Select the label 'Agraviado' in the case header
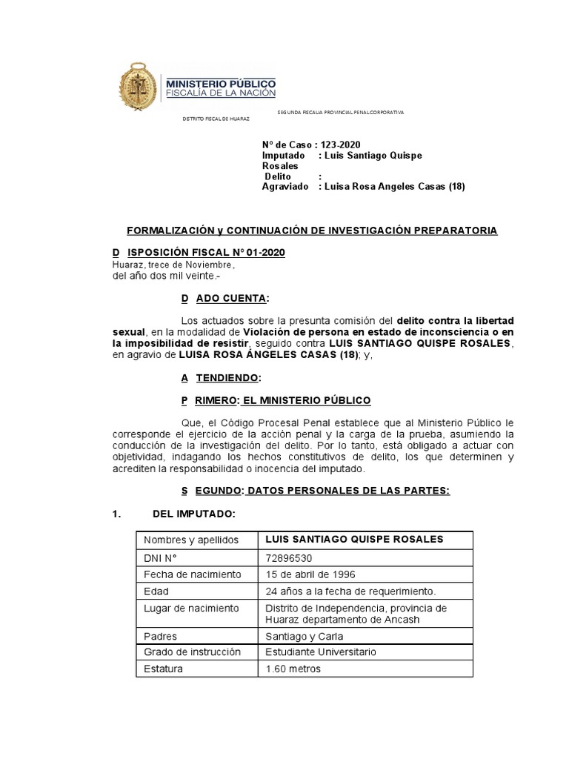[285, 188]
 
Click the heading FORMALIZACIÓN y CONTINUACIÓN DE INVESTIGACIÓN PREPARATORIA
[305, 231]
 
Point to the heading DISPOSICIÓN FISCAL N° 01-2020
[199, 253]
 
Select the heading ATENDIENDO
[221, 378]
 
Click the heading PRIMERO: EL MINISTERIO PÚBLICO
[276, 400]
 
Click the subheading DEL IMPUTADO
[193, 514]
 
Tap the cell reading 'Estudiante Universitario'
[321, 652]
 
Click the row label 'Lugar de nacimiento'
[191, 609]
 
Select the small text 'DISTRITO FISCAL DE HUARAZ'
[216, 119]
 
